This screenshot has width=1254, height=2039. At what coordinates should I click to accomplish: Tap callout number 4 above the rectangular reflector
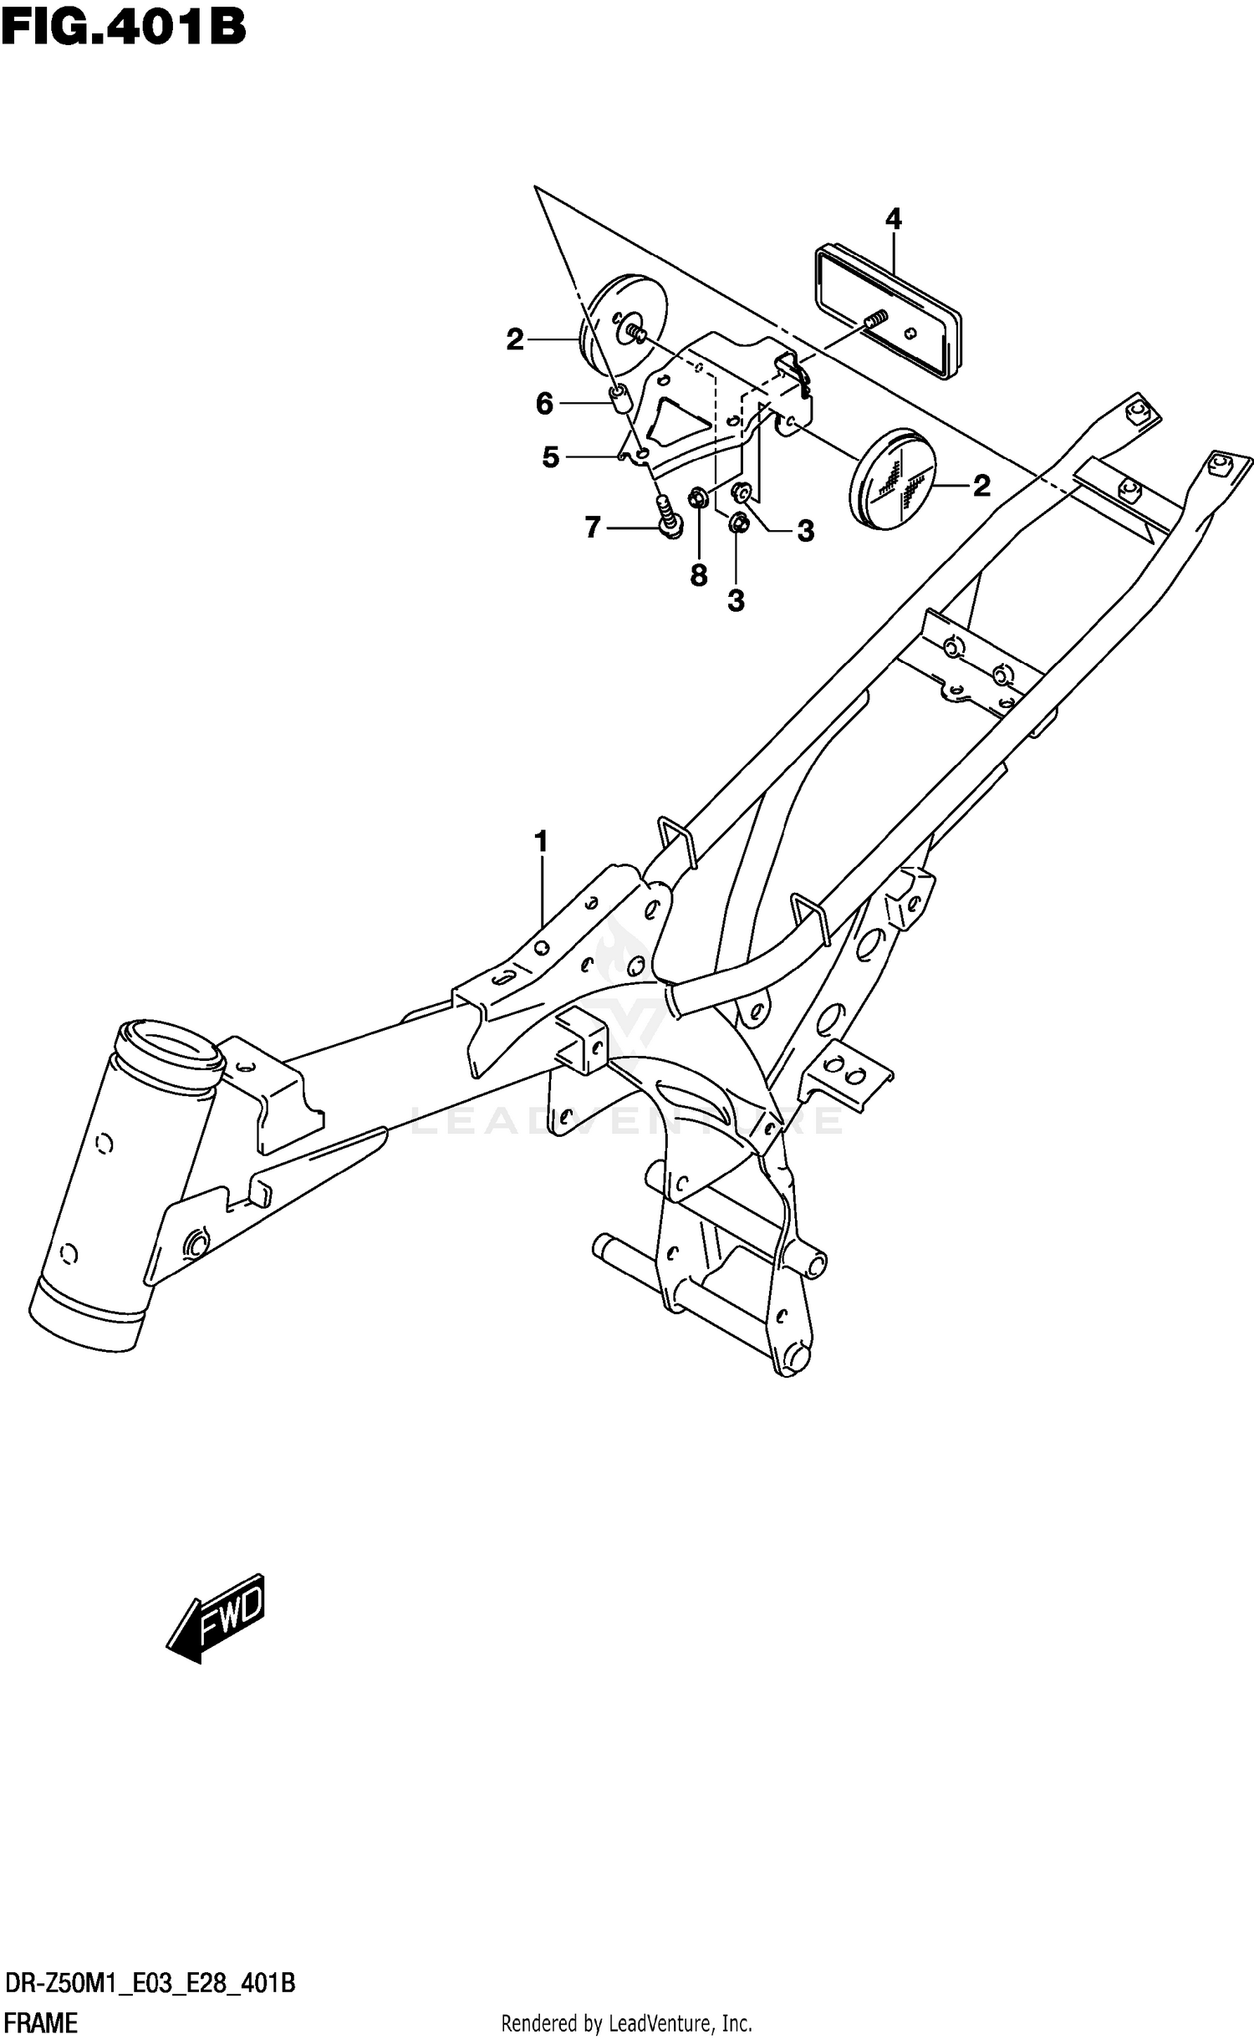tap(893, 219)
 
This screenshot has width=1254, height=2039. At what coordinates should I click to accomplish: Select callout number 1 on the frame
tap(541, 841)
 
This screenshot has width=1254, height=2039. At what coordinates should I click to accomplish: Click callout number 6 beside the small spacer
tap(544, 405)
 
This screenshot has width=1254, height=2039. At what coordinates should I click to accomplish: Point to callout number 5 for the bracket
tap(550, 457)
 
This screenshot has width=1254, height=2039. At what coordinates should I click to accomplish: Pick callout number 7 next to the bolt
tap(592, 528)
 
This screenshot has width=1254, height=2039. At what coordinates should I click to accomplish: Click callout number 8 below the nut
tap(699, 575)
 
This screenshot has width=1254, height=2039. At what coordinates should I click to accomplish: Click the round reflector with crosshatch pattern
tap(891, 479)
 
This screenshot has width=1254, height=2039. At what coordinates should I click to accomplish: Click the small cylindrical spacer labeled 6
tap(619, 400)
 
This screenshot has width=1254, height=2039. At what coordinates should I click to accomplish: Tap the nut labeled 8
tap(697, 500)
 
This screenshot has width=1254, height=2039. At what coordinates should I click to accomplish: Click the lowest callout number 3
tap(736, 600)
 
